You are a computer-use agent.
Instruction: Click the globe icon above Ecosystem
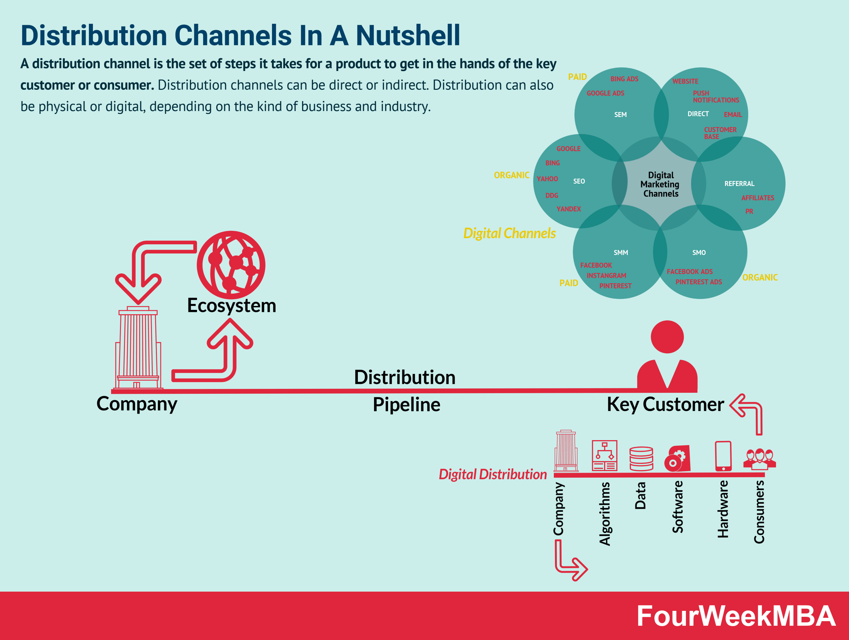[x=231, y=264]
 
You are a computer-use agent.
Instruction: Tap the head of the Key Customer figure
[x=667, y=337]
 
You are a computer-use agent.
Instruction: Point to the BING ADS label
[x=624, y=79]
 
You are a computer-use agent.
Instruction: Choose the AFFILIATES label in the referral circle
[x=757, y=198]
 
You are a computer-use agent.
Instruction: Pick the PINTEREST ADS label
[x=698, y=282]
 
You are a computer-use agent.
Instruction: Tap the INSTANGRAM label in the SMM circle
[x=606, y=276]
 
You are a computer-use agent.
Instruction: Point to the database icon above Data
[x=641, y=458]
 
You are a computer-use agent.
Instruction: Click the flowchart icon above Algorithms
[x=605, y=455]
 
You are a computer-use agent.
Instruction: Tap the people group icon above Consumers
[x=759, y=459]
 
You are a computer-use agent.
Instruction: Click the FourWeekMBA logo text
[x=736, y=616]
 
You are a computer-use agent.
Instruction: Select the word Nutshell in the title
[x=408, y=35]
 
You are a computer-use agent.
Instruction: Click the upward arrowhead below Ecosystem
[x=230, y=334]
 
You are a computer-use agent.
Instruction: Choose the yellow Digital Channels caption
[x=509, y=233]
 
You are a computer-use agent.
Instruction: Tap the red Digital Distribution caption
[x=492, y=474]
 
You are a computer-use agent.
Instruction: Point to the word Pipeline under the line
[x=407, y=405]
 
